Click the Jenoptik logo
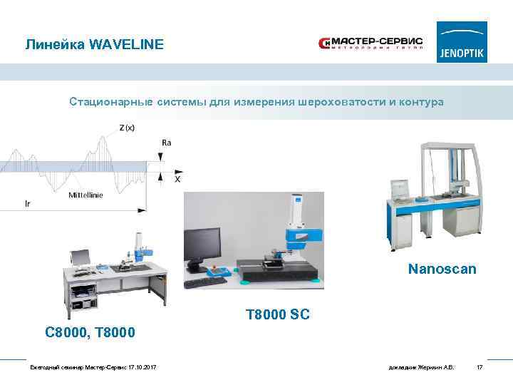[x=462, y=42]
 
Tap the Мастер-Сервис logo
[x=370, y=45]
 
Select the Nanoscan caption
[x=442, y=269]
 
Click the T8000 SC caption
[x=277, y=314]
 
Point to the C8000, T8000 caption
[x=89, y=332]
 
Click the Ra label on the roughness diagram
[x=166, y=143]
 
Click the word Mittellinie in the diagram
[x=85, y=195]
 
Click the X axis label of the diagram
[x=177, y=180]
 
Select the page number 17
[x=480, y=367]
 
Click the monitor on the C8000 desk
[x=81, y=256]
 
